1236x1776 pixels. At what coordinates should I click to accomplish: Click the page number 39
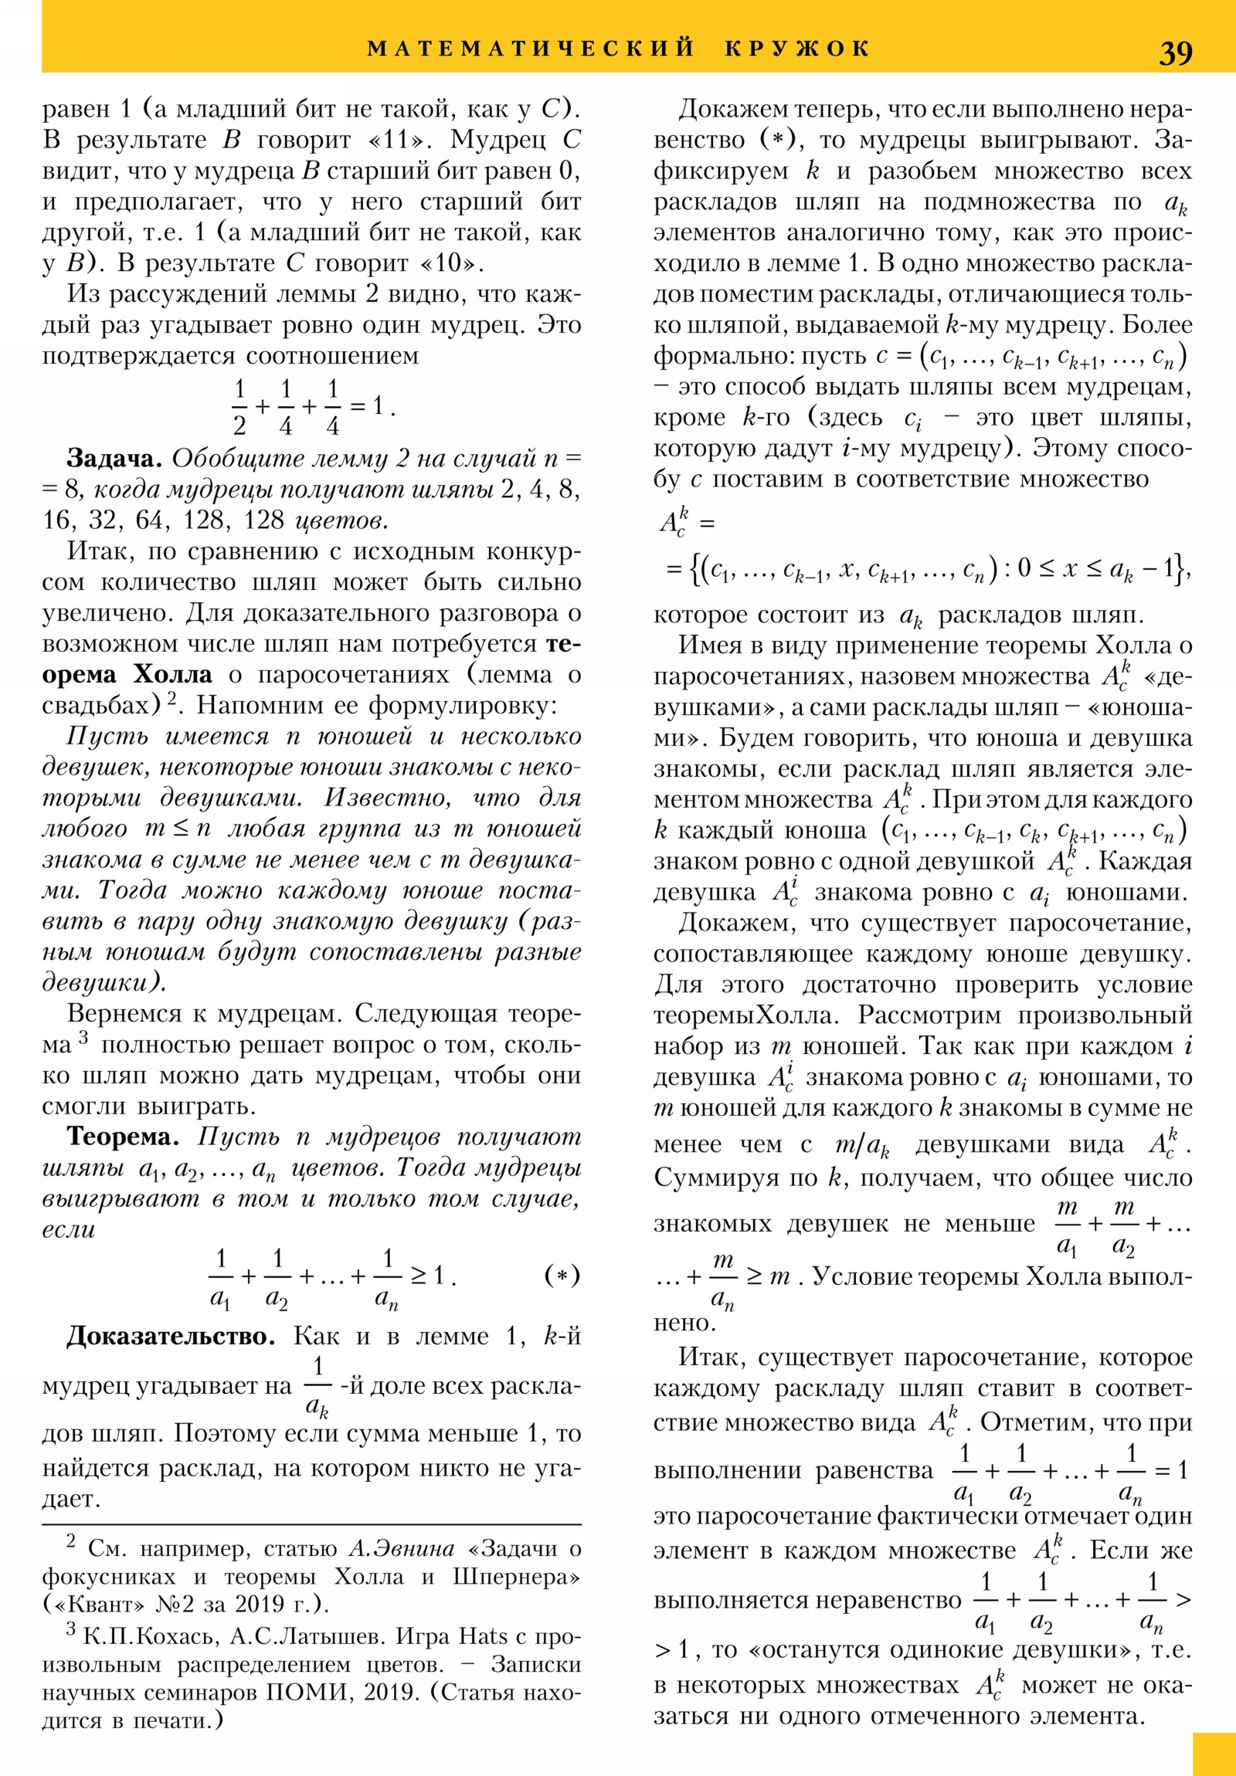click(x=1175, y=53)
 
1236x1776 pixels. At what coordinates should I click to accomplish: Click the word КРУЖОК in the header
click(x=798, y=49)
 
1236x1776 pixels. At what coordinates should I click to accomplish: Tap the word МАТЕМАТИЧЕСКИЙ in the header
click(x=531, y=49)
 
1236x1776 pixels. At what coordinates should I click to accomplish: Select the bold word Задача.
click(x=114, y=458)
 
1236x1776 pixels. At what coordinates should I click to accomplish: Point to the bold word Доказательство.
click(x=170, y=1336)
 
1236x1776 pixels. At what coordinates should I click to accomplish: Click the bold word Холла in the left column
click(x=172, y=674)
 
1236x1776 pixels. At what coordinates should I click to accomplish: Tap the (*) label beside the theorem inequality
click(x=562, y=1275)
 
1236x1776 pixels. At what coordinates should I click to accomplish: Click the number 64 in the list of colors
click(x=150, y=520)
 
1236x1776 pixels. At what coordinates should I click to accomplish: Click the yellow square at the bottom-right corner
click(x=1214, y=1754)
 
